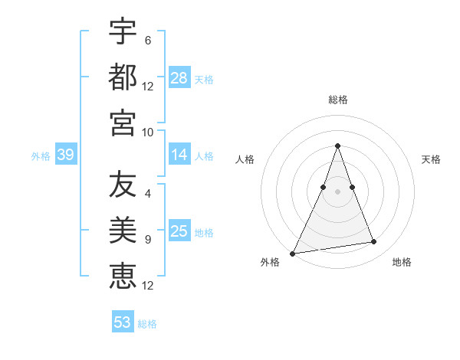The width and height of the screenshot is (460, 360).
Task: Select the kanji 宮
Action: [x=123, y=123]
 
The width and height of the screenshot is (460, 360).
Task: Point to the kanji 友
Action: [x=123, y=185]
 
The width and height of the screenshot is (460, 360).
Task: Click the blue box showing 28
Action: [x=179, y=78]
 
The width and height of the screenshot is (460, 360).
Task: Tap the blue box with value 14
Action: [x=179, y=155]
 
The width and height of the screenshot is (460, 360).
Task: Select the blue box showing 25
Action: [x=179, y=231]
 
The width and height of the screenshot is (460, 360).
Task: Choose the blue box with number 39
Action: [x=65, y=155]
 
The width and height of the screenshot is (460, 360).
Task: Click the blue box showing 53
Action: [x=123, y=322]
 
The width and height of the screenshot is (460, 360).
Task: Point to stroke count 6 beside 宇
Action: [x=147, y=40]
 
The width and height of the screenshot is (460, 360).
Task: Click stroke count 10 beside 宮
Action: [x=148, y=132]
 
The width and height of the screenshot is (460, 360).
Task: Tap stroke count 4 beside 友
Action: [x=147, y=194]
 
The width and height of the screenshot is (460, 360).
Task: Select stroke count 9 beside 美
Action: [x=147, y=240]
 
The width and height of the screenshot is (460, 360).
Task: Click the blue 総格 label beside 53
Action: [x=147, y=324]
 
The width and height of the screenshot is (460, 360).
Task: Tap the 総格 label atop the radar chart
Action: [x=337, y=100]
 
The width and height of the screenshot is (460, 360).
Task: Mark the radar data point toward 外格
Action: [x=293, y=254]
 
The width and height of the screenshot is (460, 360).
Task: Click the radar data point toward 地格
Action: [x=374, y=242]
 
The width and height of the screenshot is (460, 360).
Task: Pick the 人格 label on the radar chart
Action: [x=245, y=159]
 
